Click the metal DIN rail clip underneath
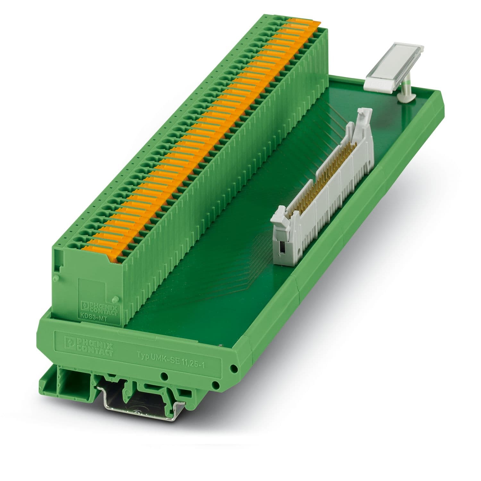[141, 401]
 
